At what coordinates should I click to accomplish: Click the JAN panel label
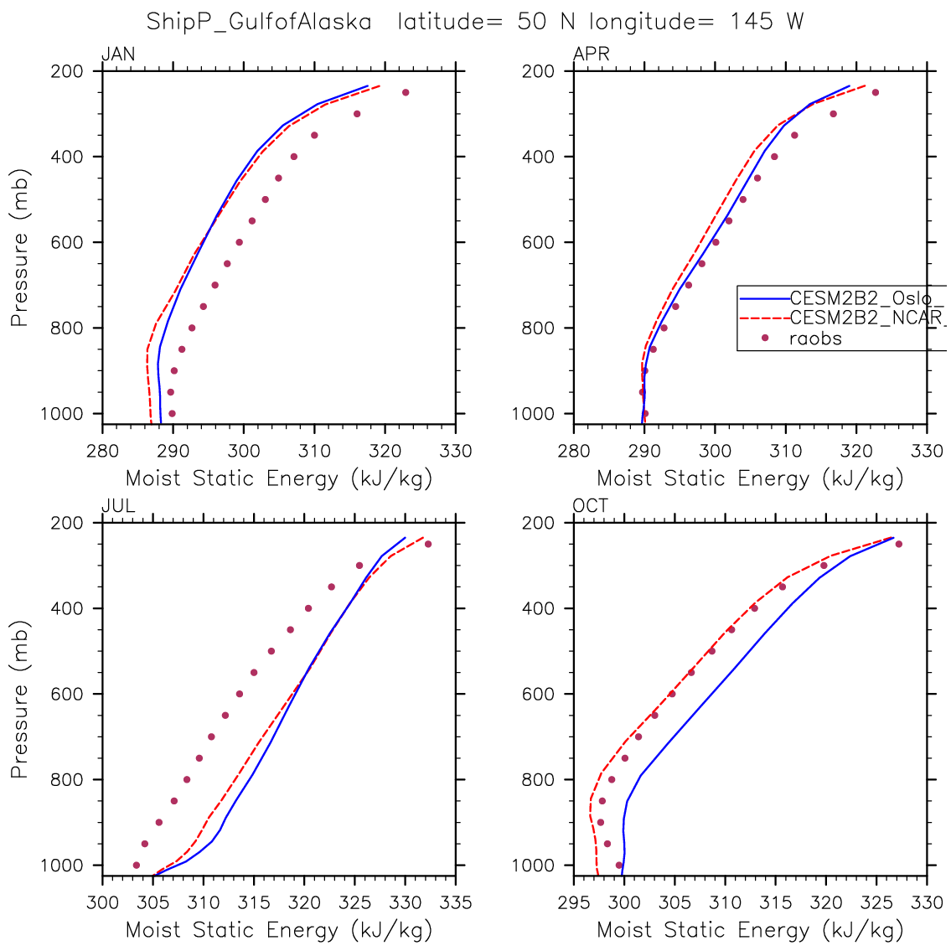(x=118, y=55)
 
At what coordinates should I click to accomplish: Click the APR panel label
(x=591, y=55)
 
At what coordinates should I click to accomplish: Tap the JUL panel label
(x=118, y=506)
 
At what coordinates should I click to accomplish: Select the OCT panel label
(x=591, y=506)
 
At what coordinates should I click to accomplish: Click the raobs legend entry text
(x=815, y=339)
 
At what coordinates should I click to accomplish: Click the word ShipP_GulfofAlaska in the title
(x=259, y=22)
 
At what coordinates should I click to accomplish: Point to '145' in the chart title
(x=752, y=22)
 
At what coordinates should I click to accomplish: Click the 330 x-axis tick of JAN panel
(x=455, y=452)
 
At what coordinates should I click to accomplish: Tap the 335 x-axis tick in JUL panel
(x=455, y=903)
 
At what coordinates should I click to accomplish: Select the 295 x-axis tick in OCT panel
(x=574, y=903)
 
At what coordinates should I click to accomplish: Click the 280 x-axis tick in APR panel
(x=574, y=452)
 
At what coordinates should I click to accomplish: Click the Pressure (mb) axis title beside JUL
(x=19, y=699)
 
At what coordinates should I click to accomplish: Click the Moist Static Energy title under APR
(x=750, y=479)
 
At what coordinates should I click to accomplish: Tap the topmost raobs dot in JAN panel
(x=406, y=92)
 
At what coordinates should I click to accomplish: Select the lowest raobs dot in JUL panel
(x=137, y=865)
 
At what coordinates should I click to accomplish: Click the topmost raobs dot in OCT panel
(x=898, y=544)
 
